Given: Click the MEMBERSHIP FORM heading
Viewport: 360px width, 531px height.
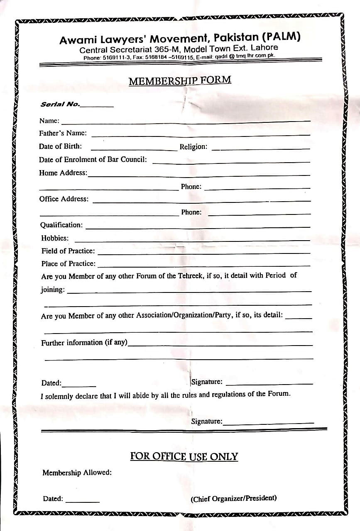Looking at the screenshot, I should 180,80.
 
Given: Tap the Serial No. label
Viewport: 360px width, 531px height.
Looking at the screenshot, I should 60,104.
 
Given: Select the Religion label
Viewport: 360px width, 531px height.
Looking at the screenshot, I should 193,147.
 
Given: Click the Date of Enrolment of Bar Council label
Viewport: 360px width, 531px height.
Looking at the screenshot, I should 93,159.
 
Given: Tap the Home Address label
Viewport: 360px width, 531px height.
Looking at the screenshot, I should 63,173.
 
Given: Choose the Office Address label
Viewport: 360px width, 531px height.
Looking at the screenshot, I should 64,199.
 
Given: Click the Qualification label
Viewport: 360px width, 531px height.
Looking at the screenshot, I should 61,225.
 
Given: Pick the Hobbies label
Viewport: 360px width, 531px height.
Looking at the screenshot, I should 55,238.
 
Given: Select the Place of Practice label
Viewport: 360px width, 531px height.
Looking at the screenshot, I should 68,263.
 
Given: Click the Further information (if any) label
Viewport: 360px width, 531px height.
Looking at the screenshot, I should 84,343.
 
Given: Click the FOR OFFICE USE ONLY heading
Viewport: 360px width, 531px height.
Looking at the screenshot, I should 184,457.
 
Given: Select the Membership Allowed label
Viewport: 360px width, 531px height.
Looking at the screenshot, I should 77,473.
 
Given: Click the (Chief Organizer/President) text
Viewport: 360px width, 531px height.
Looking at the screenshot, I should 234,498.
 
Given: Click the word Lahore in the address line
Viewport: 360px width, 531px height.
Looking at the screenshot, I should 264,48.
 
